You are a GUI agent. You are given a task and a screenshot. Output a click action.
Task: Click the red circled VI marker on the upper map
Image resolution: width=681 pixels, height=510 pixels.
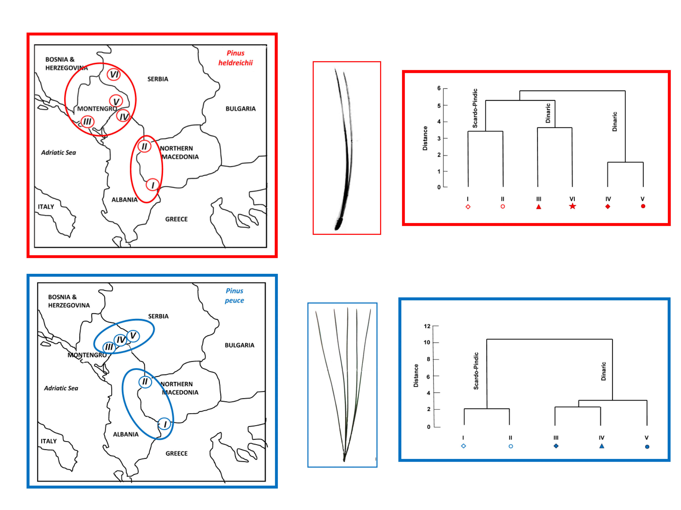point(113,74)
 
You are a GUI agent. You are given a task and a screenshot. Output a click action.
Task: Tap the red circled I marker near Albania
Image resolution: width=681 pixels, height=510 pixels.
point(152,185)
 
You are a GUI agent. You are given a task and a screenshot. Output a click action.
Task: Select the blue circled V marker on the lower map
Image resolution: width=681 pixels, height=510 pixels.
point(133,335)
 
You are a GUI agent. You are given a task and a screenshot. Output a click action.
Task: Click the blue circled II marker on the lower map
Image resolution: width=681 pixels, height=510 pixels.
point(145,382)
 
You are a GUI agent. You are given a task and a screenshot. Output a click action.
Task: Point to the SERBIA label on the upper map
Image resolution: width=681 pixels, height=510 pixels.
point(158,79)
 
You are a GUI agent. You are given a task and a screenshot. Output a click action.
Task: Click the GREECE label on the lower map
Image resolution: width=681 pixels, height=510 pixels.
point(176,453)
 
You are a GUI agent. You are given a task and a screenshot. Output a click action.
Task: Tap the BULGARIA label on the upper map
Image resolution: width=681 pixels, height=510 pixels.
point(240,109)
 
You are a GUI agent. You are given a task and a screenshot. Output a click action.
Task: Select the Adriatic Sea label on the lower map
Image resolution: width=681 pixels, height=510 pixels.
point(61,388)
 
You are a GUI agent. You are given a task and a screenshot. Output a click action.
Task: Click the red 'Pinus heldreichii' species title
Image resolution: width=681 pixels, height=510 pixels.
point(236,58)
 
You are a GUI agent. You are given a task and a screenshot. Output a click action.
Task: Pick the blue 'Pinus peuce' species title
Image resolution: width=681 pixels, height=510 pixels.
point(234,295)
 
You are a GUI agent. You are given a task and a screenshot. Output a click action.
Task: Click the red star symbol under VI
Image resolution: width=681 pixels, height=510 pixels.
point(572,206)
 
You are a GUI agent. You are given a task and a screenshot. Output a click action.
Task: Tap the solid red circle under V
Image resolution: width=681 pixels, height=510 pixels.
point(643,206)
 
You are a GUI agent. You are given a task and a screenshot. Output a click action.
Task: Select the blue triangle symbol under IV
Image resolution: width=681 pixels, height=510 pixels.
point(602,446)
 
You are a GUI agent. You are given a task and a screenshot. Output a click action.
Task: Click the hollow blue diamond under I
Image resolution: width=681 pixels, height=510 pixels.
point(463,446)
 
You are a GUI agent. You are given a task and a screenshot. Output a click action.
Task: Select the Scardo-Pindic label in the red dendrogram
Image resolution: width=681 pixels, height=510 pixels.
point(475,108)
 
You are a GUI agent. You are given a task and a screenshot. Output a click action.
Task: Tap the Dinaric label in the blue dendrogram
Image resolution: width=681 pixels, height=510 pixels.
point(603,371)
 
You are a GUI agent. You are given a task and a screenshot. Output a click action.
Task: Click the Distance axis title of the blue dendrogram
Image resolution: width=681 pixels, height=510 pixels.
point(416,375)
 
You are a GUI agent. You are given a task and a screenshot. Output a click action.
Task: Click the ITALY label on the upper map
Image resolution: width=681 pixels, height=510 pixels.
point(46,206)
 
